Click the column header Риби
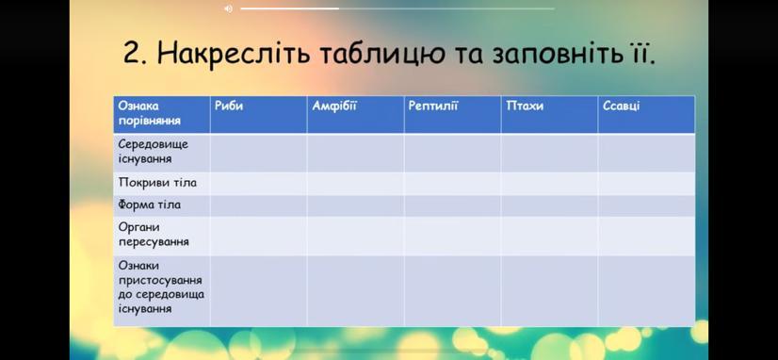click(229, 106)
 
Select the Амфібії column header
click(334, 106)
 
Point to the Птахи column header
click(525, 106)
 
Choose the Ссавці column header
click(622, 106)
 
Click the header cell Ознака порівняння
click(150, 113)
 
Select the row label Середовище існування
click(154, 152)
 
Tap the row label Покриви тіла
click(157, 183)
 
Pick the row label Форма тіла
click(150, 205)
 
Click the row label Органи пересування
click(154, 235)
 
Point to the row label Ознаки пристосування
click(160, 273)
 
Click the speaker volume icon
click(228, 8)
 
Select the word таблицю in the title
click(381, 54)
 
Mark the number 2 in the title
click(134, 54)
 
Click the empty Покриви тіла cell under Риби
click(258, 183)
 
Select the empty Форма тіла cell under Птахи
click(549, 205)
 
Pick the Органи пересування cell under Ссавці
click(646, 236)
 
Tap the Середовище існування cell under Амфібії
click(355, 153)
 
